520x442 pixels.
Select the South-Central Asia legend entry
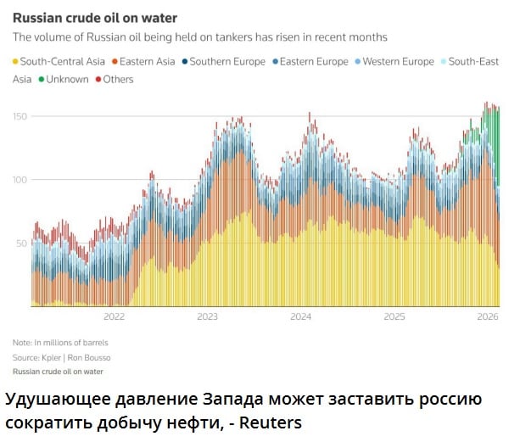click(59, 62)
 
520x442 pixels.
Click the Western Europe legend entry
click(396, 62)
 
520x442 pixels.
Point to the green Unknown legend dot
click(39, 79)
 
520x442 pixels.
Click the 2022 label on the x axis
click(114, 317)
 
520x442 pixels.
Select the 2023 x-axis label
click(207, 317)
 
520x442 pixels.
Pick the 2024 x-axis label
click(300, 317)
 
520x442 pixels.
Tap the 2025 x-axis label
click(394, 317)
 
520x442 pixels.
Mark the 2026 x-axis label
click(487, 317)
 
